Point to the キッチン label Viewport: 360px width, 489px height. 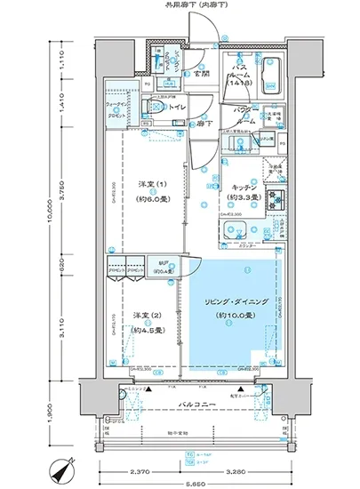click(244, 187)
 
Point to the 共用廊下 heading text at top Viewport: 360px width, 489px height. click(192, 6)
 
